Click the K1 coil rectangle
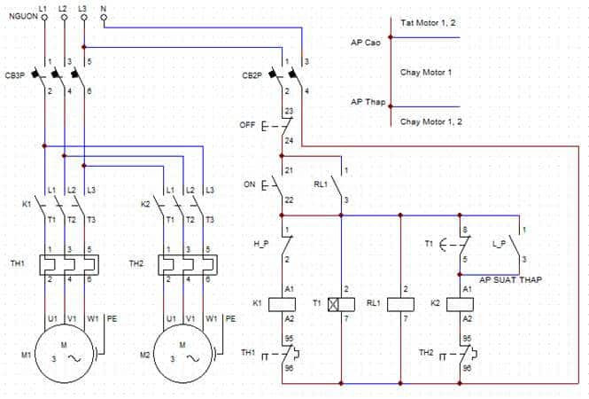click(x=283, y=304)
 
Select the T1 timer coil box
click(x=341, y=304)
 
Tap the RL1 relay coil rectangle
click(x=400, y=304)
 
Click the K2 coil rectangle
click(x=460, y=304)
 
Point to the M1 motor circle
click(x=65, y=354)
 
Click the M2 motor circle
click(x=183, y=354)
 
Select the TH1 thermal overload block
click(x=69, y=265)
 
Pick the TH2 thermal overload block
click(x=188, y=265)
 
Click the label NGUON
click(x=23, y=16)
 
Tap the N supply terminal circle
click(x=104, y=18)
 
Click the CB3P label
click(x=15, y=75)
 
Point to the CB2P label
click(x=252, y=75)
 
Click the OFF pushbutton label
click(x=247, y=125)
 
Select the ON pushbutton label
click(x=250, y=184)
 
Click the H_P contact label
click(x=261, y=244)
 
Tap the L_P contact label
click(x=499, y=244)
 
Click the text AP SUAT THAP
click(x=510, y=280)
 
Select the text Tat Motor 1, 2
click(x=428, y=23)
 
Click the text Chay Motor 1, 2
click(x=431, y=121)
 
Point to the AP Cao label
click(x=366, y=43)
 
